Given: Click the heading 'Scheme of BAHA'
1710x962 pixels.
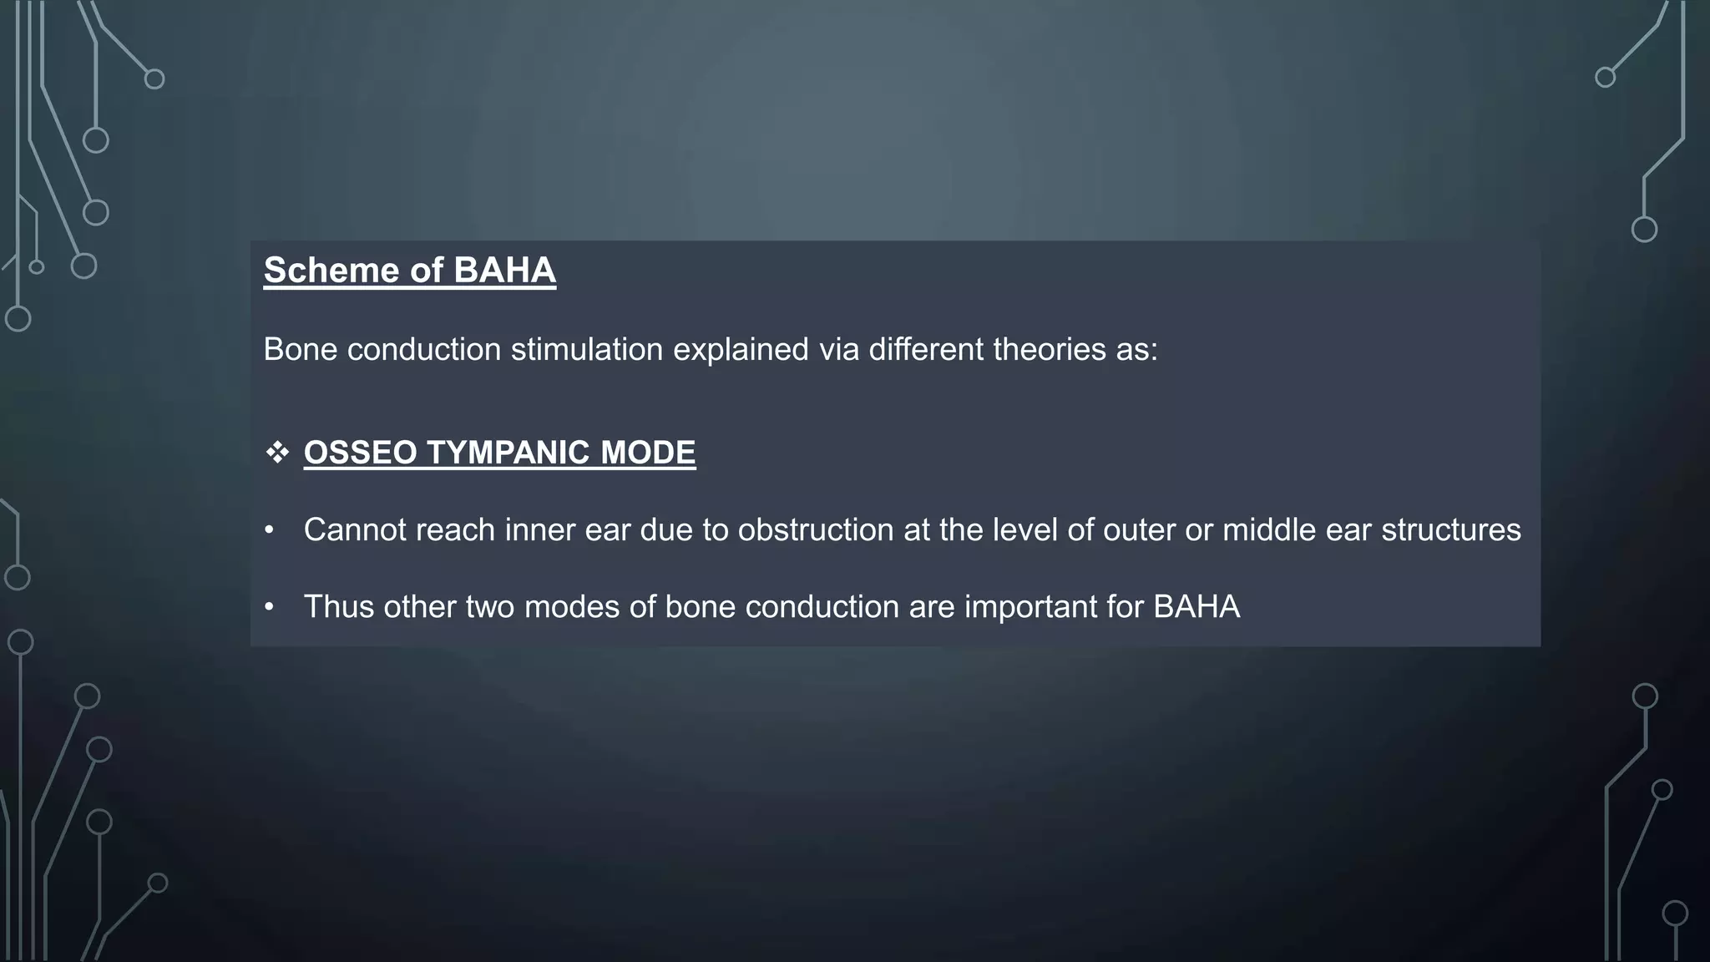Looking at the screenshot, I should click(409, 271).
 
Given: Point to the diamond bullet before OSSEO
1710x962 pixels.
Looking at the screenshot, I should click(277, 453).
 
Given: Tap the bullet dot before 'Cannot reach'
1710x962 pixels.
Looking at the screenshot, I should click(269, 530).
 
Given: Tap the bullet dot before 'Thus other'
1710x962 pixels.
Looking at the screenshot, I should click(269, 607).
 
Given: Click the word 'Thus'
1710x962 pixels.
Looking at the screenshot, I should click(338, 607).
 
